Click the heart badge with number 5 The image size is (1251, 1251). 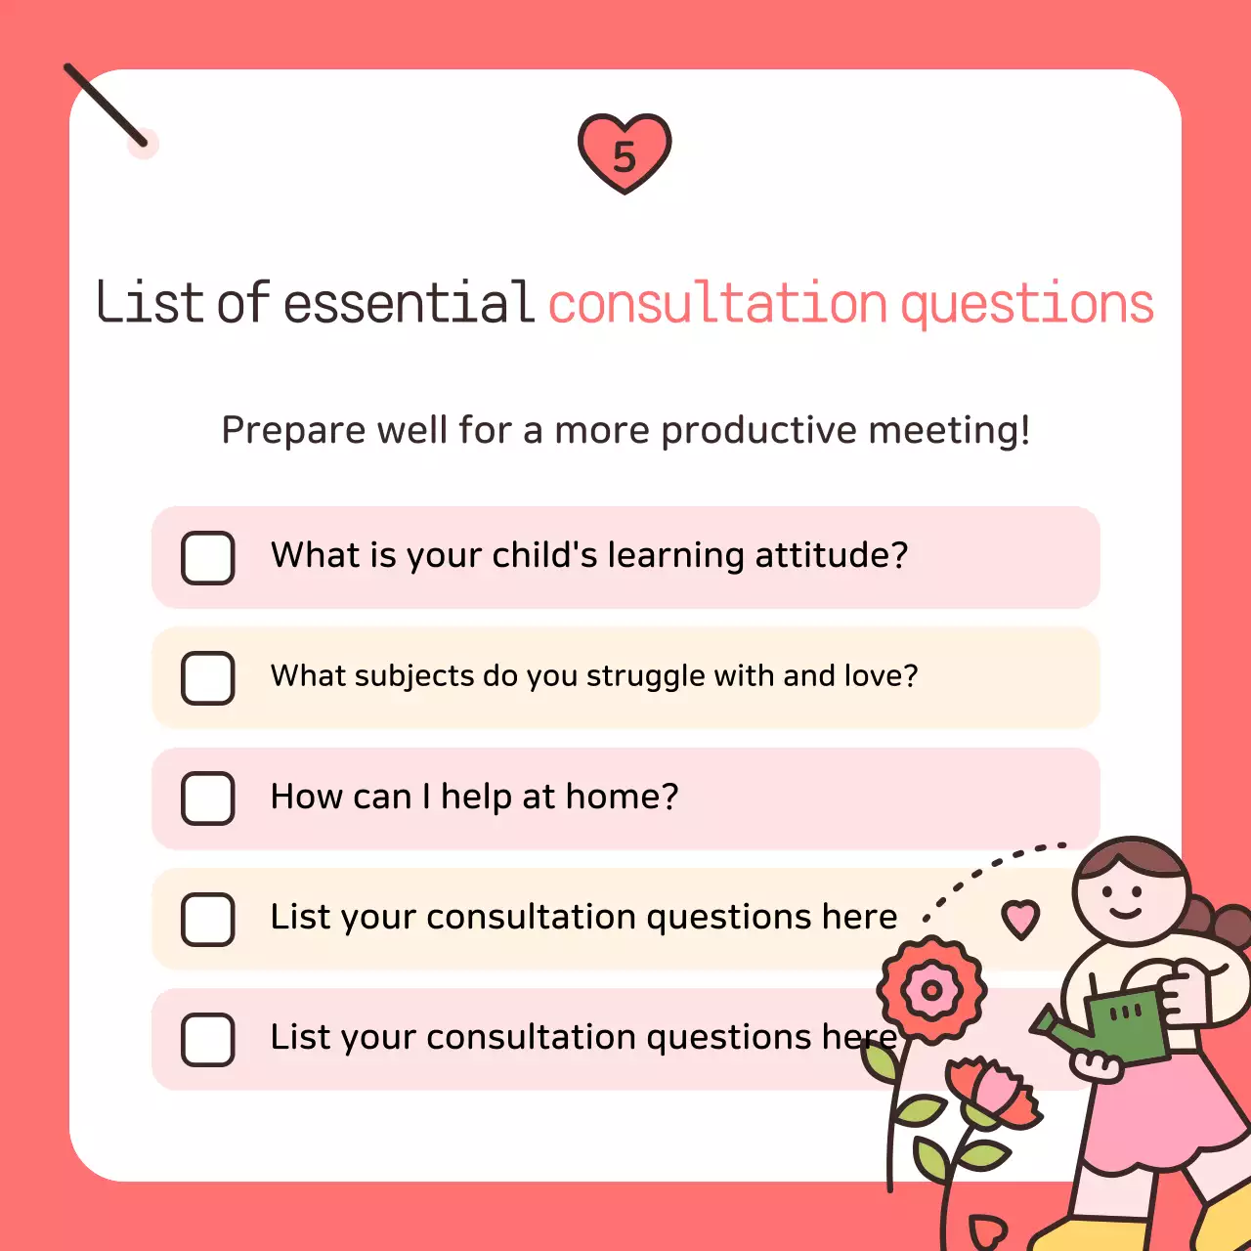pyautogui.click(x=625, y=153)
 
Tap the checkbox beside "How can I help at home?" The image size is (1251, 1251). pyautogui.click(x=208, y=798)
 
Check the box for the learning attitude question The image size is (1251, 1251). pyautogui.click(x=208, y=558)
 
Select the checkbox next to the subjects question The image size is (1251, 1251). pyautogui.click(x=208, y=678)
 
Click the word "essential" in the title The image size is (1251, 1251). pyautogui.click(x=409, y=303)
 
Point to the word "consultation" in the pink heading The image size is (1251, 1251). pyautogui.click(x=716, y=304)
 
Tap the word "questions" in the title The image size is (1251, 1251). pyautogui.click(x=1026, y=306)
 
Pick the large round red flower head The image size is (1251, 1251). pyautogui.click(x=931, y=990)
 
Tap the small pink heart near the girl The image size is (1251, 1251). pyautogui.click(x=1020, y=919)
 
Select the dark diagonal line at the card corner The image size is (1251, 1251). pyautogui.click(x=106, y=106)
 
